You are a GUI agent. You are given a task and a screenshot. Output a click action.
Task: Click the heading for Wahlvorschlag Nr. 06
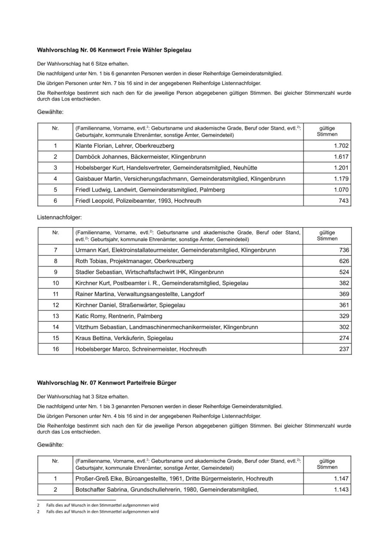click(114, 50)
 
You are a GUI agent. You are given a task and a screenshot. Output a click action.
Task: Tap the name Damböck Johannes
click(98, 157)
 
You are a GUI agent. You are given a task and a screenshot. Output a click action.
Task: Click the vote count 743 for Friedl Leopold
click(344, 201)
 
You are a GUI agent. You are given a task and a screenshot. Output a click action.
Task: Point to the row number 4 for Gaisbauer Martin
click(55, 179)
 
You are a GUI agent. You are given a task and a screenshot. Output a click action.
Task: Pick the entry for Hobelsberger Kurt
click(166, 168)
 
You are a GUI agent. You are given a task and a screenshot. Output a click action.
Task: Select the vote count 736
click(344, 250)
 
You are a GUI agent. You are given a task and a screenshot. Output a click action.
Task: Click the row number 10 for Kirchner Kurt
click(55, 283)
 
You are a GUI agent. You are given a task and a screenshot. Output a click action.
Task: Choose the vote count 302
click(344, 327)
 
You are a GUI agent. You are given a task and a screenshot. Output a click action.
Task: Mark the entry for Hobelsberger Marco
click(141, 349)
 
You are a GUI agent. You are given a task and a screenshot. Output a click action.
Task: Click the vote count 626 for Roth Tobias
click(344, 261)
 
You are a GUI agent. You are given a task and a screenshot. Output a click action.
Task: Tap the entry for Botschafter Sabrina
click(167, 490)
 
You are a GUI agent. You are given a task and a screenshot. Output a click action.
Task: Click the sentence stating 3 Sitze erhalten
click(83, 396)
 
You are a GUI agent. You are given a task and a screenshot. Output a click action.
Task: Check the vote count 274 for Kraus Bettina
click(344, 338)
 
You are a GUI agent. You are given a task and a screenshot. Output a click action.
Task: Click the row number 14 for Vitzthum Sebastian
click(55, 327)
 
